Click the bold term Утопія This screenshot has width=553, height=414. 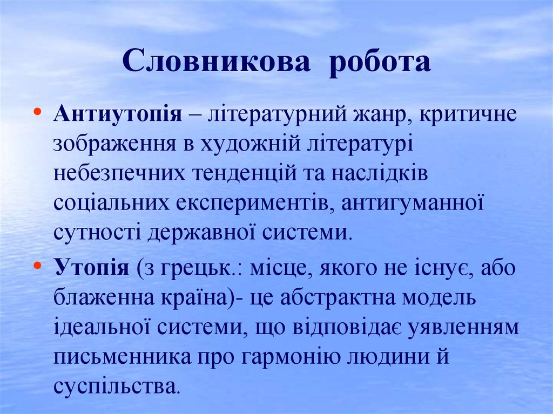(91, 267)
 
